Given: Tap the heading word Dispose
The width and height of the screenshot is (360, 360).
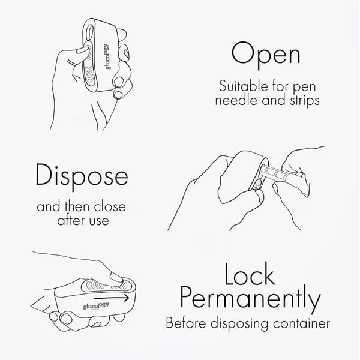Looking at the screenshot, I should click(x=82, y=175).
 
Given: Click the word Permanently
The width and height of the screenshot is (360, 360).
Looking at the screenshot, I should click(x=251, y=298).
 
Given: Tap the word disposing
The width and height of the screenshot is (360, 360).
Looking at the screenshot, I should click(x=239, y=324).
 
